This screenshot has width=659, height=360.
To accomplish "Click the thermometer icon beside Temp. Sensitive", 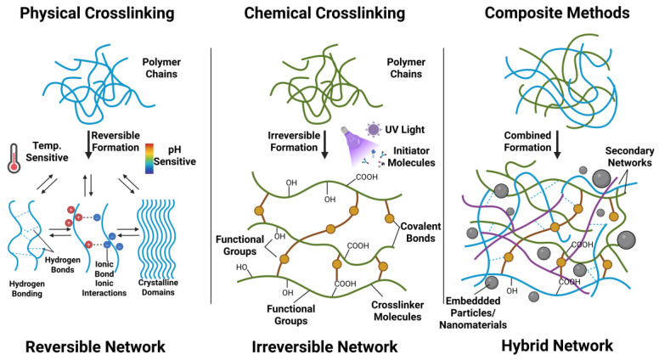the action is click(x=14, y=158).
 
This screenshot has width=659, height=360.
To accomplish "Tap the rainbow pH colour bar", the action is click(x=149, y=159).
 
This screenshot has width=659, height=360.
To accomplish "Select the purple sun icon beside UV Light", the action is click(x=373, y=129).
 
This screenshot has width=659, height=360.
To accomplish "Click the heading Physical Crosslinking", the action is click(x=97, y=13).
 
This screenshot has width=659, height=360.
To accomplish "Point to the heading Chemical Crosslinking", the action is click(x=324, y=13).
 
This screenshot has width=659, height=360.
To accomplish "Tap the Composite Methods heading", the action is click(x=557, y=13).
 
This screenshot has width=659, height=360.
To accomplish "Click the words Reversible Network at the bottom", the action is click(x=95, y=347).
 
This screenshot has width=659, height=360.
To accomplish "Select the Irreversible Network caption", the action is click(x=324, y=347).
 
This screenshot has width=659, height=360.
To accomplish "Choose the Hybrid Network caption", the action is click(x=557, y=346).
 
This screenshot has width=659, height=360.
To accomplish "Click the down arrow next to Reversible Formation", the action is click(x=87, y=145).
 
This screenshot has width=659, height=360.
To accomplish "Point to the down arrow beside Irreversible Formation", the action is click(x=324, y=145).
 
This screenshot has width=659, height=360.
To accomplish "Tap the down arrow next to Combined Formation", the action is click(x=557, y=145).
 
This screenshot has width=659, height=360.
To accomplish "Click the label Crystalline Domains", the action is click(x=158, y=287).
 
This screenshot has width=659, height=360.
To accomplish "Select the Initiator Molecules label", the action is click(x=411, y=157).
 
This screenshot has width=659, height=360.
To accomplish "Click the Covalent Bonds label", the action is click(x=420, y=233).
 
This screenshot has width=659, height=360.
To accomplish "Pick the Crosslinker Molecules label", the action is click(x=397, y=311).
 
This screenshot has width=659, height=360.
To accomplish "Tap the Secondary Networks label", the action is click(x=629, y=157).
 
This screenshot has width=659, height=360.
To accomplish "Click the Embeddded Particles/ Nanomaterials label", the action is click(x=473, y=313).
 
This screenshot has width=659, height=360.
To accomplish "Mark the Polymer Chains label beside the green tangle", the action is click(x=406, y=68).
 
